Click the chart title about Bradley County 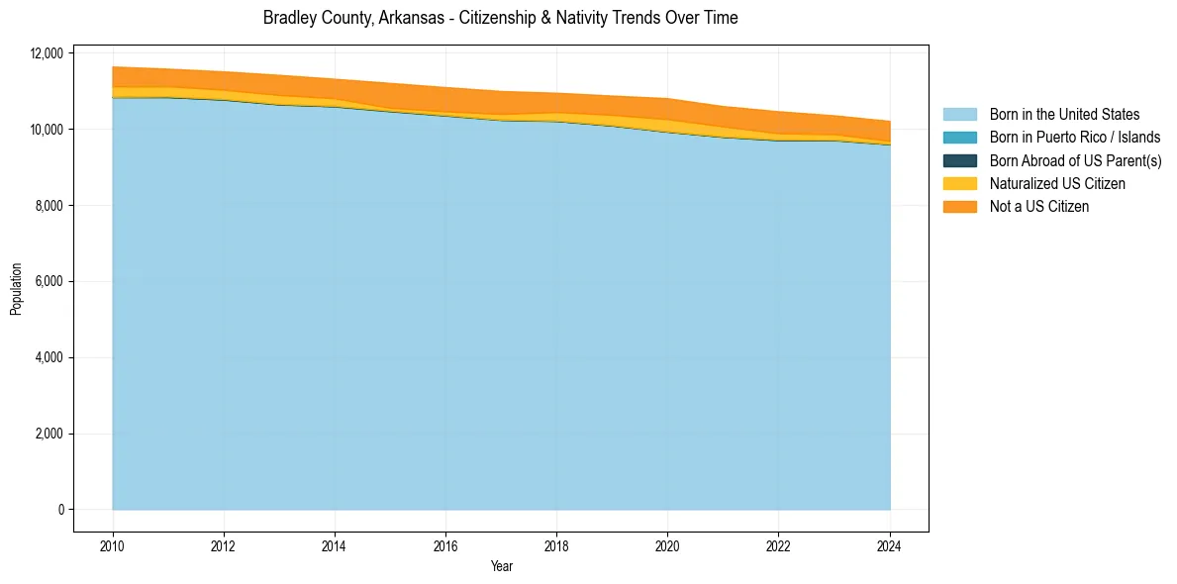(x=500, y=18)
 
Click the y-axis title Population (x=16, y=288)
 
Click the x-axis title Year (x=501, y=566)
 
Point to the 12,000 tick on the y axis (x=48, y=53)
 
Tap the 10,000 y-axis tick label (x=48, y=130)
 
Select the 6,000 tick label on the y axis (x=50, y=281)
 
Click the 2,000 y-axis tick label (x=50, y=434)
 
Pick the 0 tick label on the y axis (x=60, y=510)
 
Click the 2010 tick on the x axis (x=113, y=543)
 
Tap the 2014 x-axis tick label (x=335, y=543)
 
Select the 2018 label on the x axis (x=556, y=543)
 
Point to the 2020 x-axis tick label (x=667, y=543)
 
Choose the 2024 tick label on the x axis (x=890, y=543)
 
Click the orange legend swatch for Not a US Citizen (x=959, y=206)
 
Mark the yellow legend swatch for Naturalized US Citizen (x=959, y=183)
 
